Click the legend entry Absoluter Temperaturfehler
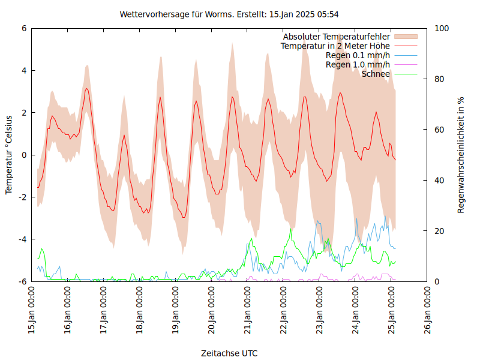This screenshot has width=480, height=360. pyautogui.click(x=337, y=37)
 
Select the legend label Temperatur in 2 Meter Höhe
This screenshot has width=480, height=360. pyautogui.click(x=335, y=46)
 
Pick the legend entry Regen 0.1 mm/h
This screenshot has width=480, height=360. pyautogui.click(x=358, y=55)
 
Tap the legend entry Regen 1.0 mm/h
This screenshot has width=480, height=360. pyautogui.click(x=358, y=64)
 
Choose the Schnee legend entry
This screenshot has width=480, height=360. pyautogui.click(x=376, y=74)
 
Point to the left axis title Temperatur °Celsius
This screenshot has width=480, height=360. pyautogui.click(x=9, y=155)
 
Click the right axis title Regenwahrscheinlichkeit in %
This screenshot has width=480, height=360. pyautogui.click(x=461, y=155)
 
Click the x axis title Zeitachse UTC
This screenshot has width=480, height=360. pyautogui.click(x=229, y=353)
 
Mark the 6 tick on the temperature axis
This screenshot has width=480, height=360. pyautogui.click(x=24, y=28)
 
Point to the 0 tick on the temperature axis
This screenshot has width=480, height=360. pyautogui.click(x=24, y=155)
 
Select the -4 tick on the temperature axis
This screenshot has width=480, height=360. pyautogui.click(x=23, y=239)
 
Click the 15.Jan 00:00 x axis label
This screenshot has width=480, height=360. pyautogui.click(x=32, y=311)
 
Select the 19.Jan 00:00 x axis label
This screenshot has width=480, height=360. pyautogui.click(x=176, y=311)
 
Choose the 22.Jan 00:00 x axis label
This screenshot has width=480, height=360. pyautogui.click(x=284, y=311)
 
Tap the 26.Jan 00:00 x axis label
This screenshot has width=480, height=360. pyautogui.click(x=428, y=311)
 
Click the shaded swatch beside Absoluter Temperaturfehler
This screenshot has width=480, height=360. pyautogui.click(x=405, y=37)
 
